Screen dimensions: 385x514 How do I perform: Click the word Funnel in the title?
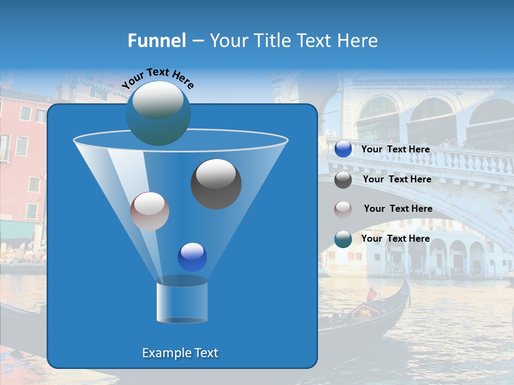point(157,41)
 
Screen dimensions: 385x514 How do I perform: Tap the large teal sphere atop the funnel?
point(158,113)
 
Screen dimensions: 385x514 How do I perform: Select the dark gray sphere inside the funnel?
point(216,183)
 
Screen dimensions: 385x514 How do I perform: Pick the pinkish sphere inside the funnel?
point(149,211)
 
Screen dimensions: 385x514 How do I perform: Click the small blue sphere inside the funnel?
point(192,257)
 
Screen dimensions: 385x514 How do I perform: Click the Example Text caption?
point(180,353)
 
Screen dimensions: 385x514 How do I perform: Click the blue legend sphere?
point(343,149)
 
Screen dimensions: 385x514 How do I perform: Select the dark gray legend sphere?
point(343,180)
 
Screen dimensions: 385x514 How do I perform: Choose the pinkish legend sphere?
point(343,209)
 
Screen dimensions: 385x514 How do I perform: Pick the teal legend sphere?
point(343,239)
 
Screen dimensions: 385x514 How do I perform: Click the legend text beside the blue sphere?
point(395,149)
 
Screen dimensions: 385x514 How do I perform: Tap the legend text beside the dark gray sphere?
point(397,179)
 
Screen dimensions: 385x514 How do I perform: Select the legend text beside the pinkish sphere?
point(398,209)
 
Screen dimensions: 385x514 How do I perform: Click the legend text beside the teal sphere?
point(395,238)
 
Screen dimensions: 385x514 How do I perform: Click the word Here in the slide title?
point(358,41)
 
